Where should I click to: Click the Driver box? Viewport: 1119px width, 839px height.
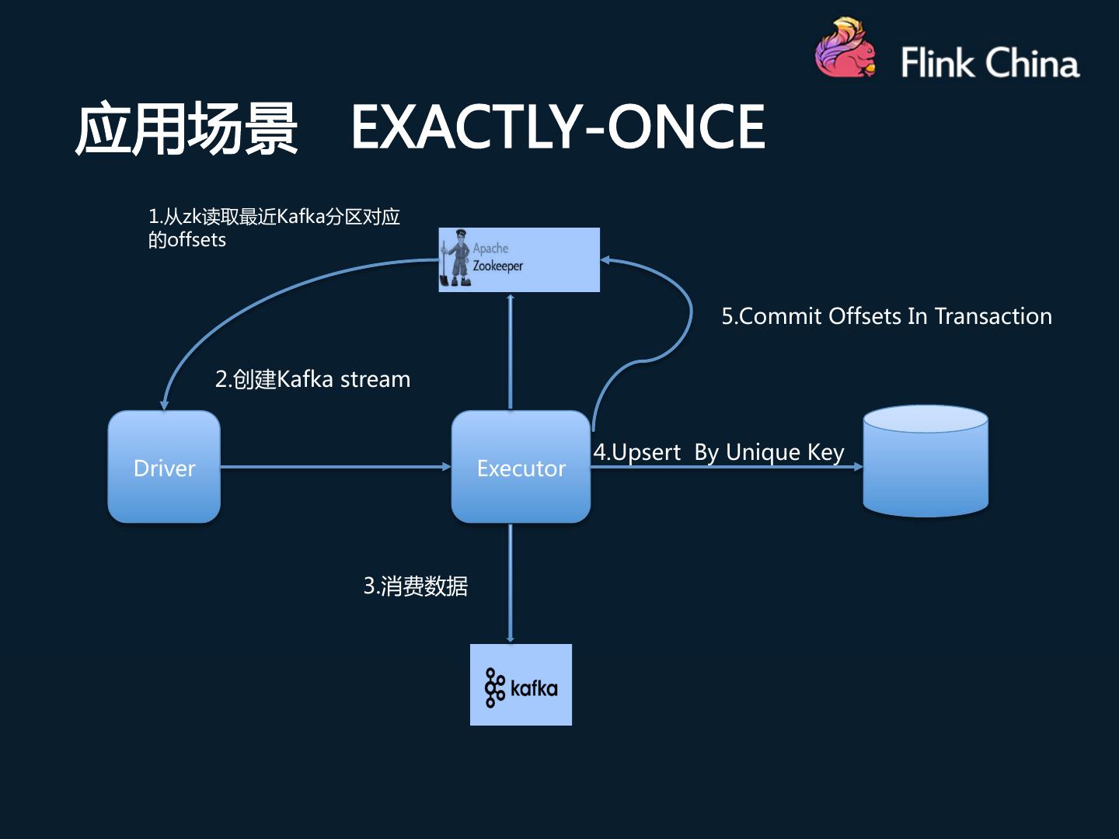[164, 467]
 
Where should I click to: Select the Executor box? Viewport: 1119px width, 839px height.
[521, 467]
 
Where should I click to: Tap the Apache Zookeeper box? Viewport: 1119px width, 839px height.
[519, 259]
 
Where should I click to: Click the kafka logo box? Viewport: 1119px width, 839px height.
[521, 684]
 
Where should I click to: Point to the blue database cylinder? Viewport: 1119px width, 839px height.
[926, 461]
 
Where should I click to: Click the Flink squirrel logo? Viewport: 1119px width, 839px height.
[845, 48]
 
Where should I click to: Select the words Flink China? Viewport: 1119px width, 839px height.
[990, 63]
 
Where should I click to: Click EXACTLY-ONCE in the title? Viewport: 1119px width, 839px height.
[558, 127]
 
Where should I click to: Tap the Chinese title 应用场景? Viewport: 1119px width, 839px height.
[186, 127]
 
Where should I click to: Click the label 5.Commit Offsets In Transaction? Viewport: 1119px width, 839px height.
[887, 316]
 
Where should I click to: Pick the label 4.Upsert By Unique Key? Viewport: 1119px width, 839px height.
[719, 452]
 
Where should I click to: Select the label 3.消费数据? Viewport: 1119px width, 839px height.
[416, 586]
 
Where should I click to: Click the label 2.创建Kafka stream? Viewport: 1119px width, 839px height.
[312, 380]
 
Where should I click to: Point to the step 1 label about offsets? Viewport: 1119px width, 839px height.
[274, 228]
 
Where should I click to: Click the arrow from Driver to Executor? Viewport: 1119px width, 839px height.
[336, 467]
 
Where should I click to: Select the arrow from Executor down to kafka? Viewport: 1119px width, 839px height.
[511, 583]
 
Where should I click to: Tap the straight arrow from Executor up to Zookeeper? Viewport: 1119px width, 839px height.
[511, 351]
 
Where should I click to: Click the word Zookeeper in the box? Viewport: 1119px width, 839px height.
[497, 266]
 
